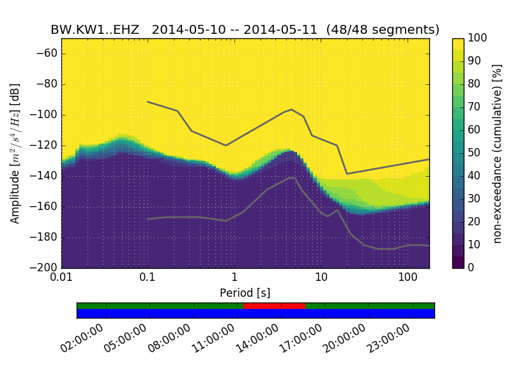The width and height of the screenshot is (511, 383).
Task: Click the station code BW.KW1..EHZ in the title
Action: [95, 30]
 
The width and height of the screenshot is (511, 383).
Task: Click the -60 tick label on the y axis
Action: [47, 54]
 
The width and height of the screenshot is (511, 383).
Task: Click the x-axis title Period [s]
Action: [245, 293]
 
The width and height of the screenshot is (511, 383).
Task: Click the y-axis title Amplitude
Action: [15, 153]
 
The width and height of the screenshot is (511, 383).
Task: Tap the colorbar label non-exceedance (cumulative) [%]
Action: [498, 153]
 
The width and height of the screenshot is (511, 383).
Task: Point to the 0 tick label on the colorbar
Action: [472, 267]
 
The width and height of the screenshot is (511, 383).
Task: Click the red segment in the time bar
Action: [274, 306]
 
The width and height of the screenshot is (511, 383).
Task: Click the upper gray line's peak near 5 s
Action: [291, 110]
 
